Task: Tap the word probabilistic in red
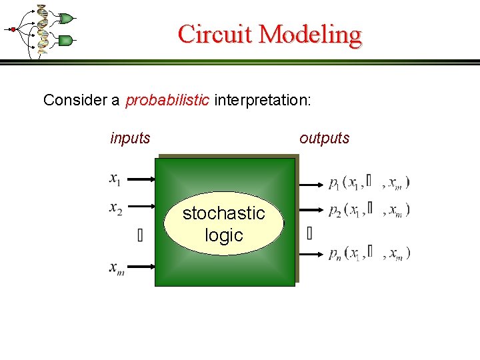tap(167, 101)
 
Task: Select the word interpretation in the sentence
tap(261, 101)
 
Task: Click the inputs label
tap(130, 138)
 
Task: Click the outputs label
tap(324, 138)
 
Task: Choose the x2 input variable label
tap(115, 209)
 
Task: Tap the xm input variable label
tap(117, 267)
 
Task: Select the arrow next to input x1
tap(141, 179)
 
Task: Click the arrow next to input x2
tap(141, 207)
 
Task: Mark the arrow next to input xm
tap(141, 267)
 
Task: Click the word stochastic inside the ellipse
tap(224, 213)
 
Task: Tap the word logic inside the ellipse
tap(224, 235)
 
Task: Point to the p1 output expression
tap(369, 182)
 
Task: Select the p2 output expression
tap(369, 210)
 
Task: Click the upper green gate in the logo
tap(66, 17)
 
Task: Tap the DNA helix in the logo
tap(43, 29)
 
